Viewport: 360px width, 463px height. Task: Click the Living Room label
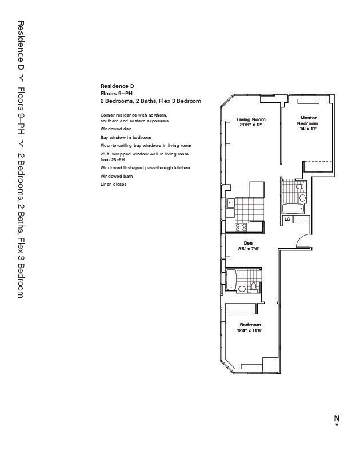[251, 119]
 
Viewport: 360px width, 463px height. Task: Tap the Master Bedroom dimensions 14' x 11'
[308, 129]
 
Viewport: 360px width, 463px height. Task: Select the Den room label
[248, 243]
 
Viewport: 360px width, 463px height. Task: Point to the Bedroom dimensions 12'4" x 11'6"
[249, 330]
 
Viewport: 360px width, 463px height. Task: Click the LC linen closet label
[287, 219]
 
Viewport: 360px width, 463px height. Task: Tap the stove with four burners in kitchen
[242, 226]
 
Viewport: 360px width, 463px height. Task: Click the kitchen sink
[230, 202]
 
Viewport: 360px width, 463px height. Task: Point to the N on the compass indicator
[337, 418]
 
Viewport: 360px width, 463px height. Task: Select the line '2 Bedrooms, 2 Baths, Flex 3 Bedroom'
[150, 101]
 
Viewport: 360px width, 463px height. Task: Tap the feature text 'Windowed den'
[116, 129]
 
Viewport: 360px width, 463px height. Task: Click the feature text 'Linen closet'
[113, 185]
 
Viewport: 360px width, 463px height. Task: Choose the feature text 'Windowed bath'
[117, 177]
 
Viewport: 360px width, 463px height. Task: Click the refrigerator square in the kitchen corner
[257, 189]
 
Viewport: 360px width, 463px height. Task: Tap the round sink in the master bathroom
[303, 198]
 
